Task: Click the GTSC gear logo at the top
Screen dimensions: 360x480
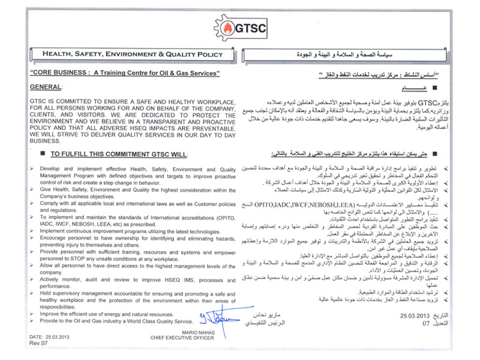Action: [x=240, y=27]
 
